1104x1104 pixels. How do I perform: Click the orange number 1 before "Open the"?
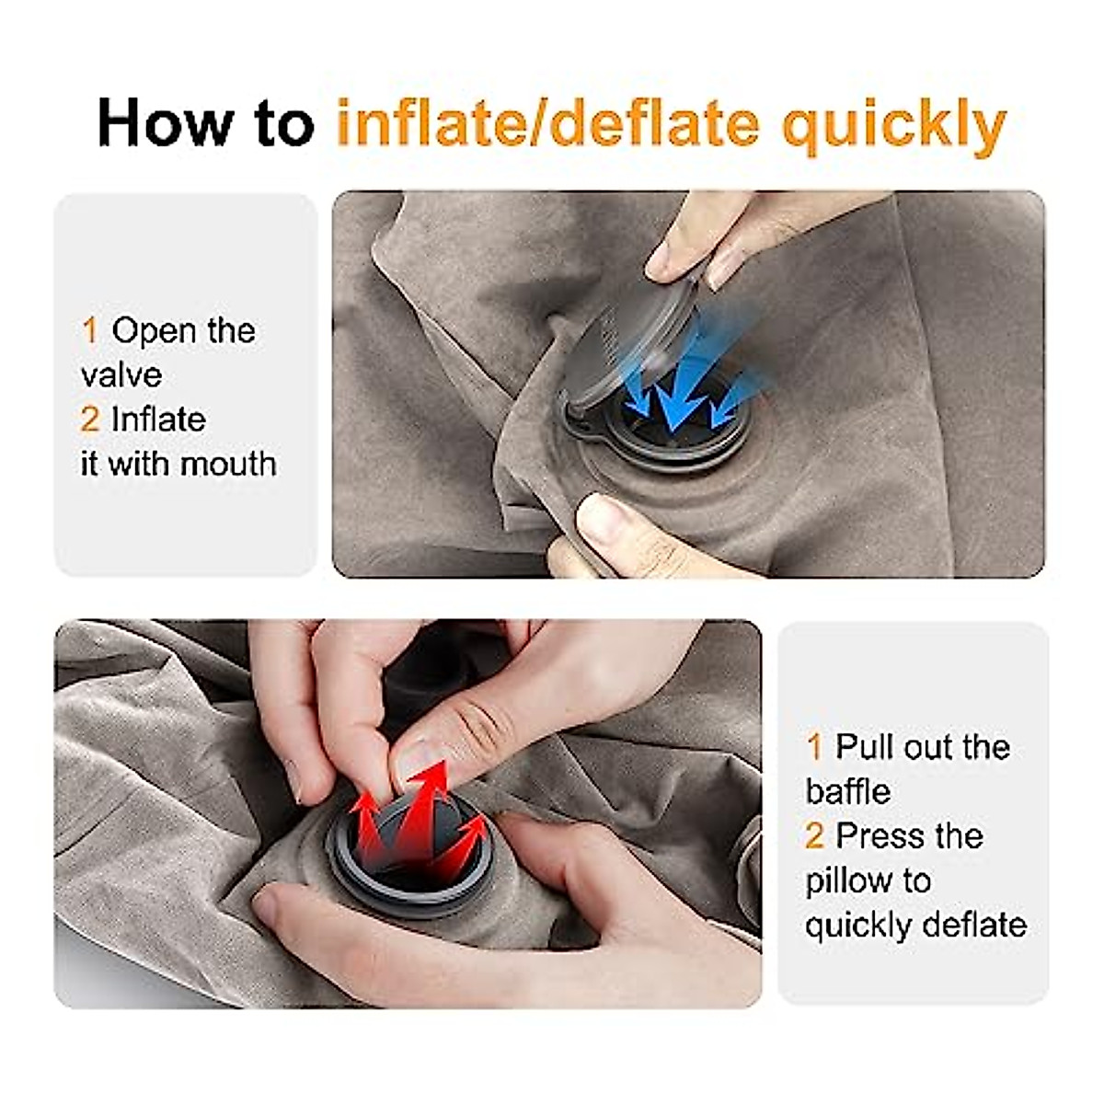click(x=89, y=330)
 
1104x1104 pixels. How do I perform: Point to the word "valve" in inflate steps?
click(x=121, y=374)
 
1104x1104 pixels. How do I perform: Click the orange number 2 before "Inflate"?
click(x=89, y=420)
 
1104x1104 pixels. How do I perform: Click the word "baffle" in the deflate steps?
click(x=847, y=791)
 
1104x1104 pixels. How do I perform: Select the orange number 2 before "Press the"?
click(x=814, y=836)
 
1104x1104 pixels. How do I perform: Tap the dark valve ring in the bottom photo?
click(x=411, y=883)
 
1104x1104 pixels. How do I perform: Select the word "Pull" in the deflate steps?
click(x=865, y=747)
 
